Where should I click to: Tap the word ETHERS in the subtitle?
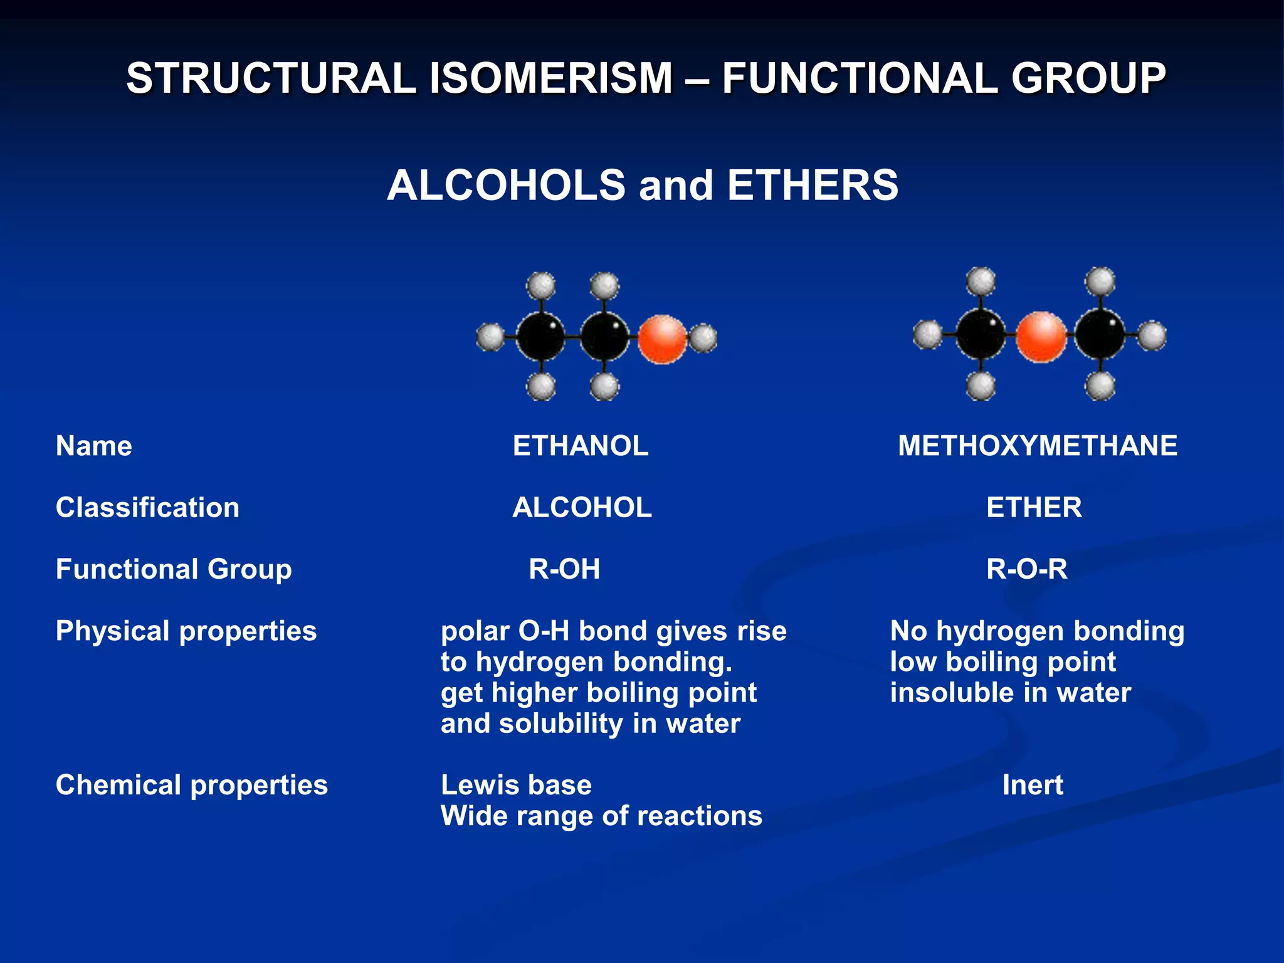813,186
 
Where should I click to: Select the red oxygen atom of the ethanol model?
662,339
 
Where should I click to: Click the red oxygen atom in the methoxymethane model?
1041,337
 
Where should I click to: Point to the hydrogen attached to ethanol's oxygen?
703,339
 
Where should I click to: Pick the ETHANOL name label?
581,446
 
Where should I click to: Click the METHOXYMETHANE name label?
1038,446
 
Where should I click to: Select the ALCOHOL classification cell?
582,508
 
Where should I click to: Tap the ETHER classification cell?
1034,508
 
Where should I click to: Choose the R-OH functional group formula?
564,569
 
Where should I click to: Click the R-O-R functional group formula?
1026,569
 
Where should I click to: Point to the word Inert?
1033,786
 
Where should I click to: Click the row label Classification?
147,508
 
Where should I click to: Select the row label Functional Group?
174,569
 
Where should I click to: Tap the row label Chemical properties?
191,786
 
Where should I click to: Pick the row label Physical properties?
186,631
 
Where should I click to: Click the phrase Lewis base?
516,786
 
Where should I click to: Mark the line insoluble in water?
1010,693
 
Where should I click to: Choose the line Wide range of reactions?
601,816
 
